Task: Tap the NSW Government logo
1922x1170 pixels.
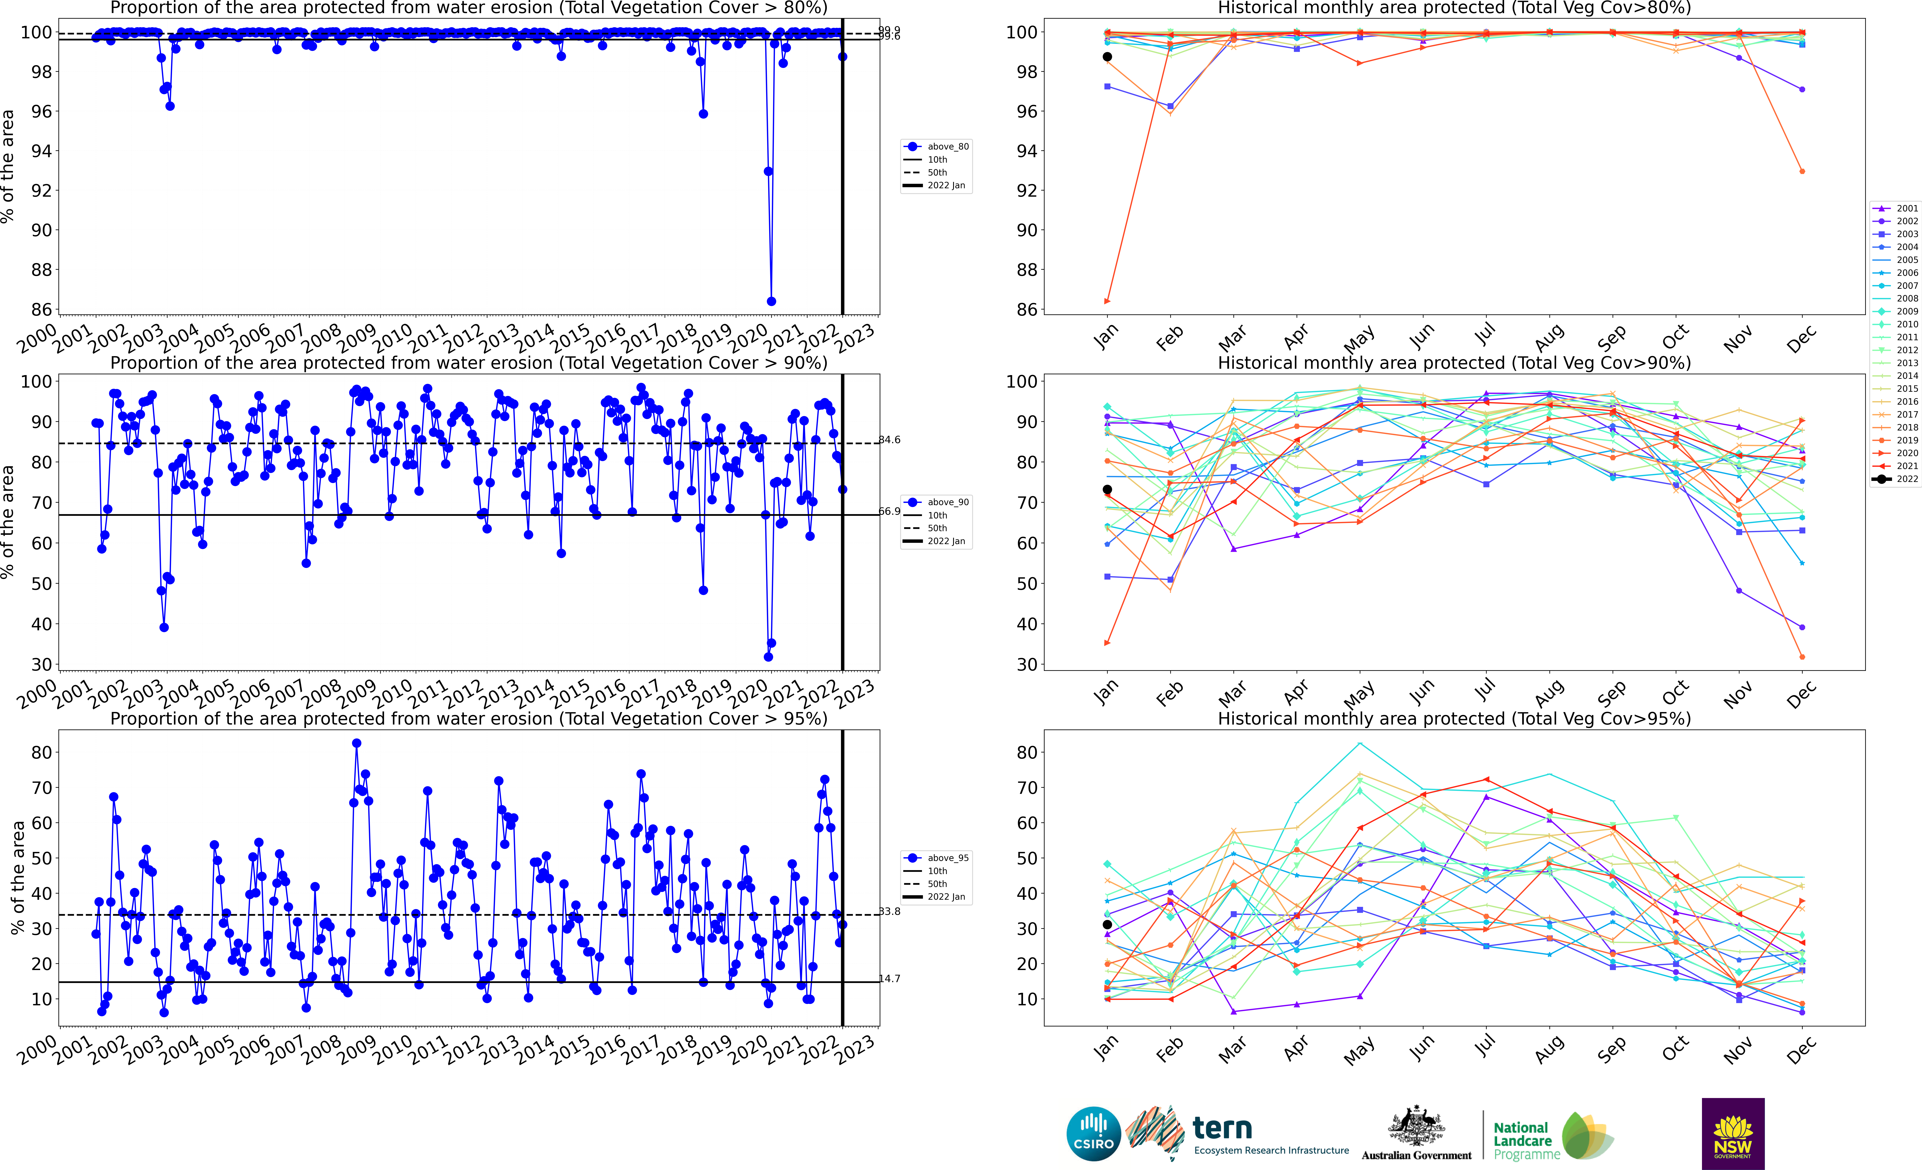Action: (x=1733, y=1133)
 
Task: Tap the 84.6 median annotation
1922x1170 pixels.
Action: (x=889, y=440)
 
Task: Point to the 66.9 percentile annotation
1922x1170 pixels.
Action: (x=889, y=512)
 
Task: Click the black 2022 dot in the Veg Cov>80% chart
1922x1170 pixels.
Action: (x=1107, y=57)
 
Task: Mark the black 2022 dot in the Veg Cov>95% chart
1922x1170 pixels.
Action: (x=1107, y=925)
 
